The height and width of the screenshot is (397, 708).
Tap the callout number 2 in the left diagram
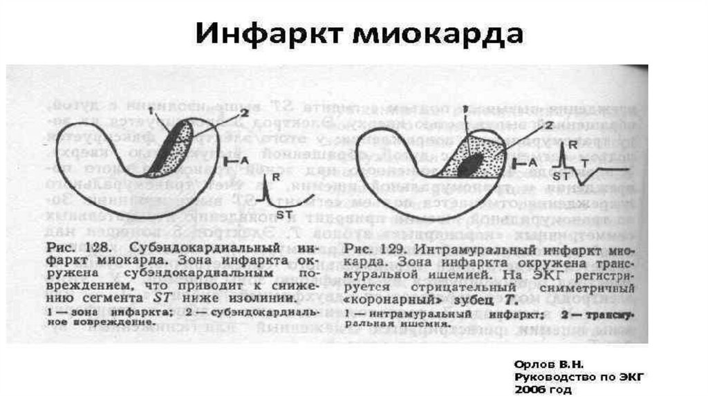(x=243, y=111)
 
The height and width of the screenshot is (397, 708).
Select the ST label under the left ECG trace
(x=285, y=213)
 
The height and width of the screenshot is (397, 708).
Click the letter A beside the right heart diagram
(x=532, y=160)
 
